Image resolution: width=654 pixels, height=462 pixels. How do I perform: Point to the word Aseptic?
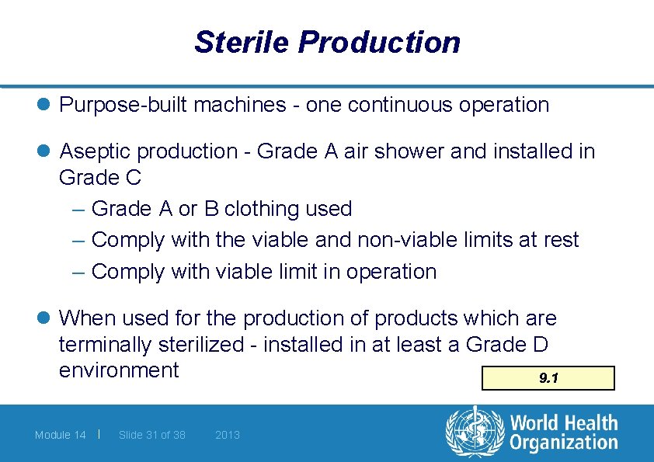pos(92,151)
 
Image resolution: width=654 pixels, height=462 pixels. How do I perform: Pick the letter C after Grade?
pos(133,177)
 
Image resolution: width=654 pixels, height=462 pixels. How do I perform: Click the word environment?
pos(119,370)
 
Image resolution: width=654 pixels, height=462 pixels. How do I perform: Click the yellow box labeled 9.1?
pos(548,378)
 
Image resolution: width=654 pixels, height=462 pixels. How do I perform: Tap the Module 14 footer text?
pos(61,435)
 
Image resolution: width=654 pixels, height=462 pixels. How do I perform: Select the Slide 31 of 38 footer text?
pos(152,435)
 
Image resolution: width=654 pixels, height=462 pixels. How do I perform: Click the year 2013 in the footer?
pos(228,435)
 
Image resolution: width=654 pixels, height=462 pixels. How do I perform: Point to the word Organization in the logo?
pos(564,443)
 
